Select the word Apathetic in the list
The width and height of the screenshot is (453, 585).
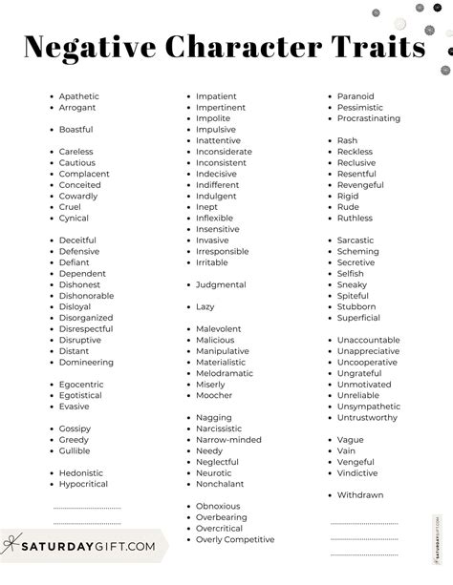click(78, 96)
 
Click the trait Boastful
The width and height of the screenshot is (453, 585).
click(75, 129)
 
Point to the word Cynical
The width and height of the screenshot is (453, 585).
click(74, 219)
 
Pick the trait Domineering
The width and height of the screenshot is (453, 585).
click(86, 363)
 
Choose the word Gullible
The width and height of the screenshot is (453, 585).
click(75, 451)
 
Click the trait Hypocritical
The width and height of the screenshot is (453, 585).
click(84, 484)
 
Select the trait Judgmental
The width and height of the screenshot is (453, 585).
click(221, 284)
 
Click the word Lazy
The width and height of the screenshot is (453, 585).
click(205, 307)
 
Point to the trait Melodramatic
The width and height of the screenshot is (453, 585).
click(225, 373)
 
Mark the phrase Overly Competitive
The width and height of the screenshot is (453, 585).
click(234, 539)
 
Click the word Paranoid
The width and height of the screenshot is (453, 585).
click(356, 96)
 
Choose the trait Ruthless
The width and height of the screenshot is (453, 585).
click(354, 218)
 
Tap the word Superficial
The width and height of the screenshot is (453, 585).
click(358, 318)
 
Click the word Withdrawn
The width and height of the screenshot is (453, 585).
click(359, 494)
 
